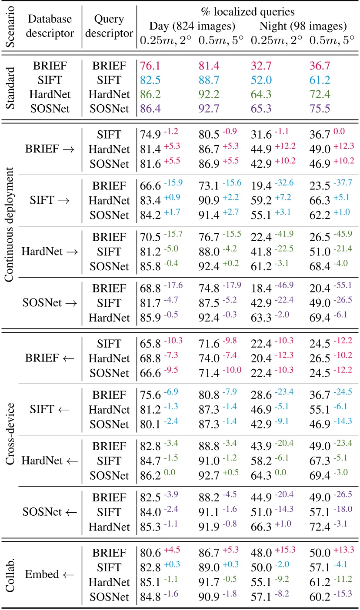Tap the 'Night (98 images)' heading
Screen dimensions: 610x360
coord(303,26)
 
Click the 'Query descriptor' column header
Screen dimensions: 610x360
coord(109,26)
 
